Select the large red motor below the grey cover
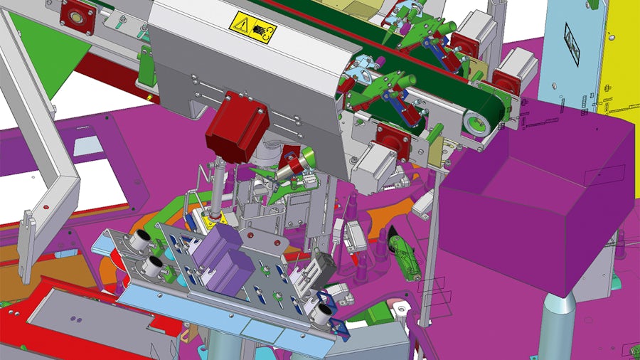click(237, 124)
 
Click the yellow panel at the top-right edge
click(619, 57)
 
